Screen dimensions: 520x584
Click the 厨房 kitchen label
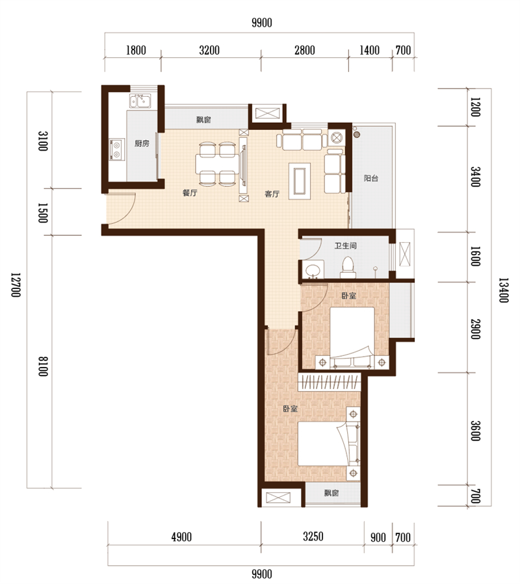click(x=142, y=144)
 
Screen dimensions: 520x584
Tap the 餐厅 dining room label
click(x=190, y=193)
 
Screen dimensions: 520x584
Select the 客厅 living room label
click(x=272, y=194)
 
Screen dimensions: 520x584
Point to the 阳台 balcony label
click(x=371, y=178)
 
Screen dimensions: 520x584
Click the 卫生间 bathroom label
click(x=346, y=246)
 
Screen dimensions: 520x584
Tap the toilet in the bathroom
click(x=348, y=268)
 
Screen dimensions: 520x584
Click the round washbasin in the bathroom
click(x=313, y=270)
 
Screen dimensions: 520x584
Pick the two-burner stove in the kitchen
click(x=116, y=149)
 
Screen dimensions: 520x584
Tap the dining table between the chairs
click(x=216, y=164)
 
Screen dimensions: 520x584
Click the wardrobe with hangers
click(x=330, y=382)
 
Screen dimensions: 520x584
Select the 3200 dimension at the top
click(x=209, y=50)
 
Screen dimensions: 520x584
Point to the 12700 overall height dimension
click(x=16, y=285)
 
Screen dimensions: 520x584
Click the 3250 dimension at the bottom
click(x=313, y=537)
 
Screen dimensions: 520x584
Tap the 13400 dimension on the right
click(x=504, y=290)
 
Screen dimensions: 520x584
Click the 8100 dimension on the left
click(x=44, y=366)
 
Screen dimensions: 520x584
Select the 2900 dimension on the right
click(x=475, y=329)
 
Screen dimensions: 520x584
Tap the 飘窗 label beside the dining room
click(x=203, y=120)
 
